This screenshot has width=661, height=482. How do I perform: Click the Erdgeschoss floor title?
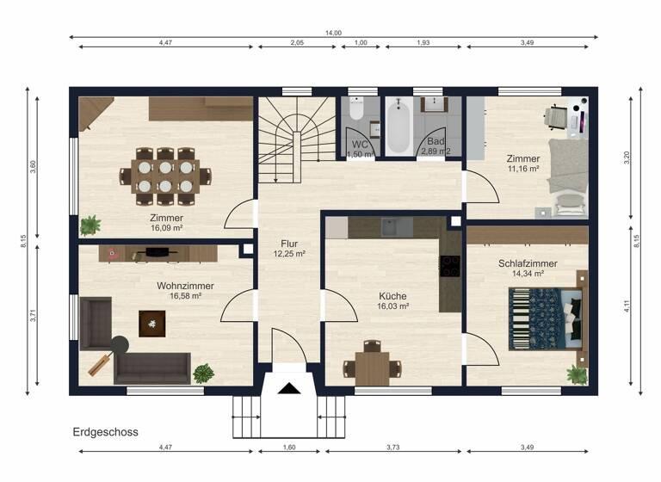click(x=106, y=432)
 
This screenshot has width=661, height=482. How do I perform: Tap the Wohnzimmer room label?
click(x=185, y=286)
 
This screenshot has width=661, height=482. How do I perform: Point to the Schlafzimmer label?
click(x=527, y=263)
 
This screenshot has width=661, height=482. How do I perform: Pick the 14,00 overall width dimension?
click(x=333, y=33)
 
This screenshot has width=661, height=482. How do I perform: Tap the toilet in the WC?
click(x=357, y=109)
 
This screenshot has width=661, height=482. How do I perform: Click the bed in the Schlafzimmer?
click(x=545, y=318)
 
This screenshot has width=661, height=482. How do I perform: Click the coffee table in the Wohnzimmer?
click(x=151, y=324)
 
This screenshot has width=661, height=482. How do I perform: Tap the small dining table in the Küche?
click(x=372, y=368)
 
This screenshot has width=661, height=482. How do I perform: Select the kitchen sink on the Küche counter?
click(x=394, y=227)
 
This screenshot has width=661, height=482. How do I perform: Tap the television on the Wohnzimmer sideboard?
click(x=157, y=251)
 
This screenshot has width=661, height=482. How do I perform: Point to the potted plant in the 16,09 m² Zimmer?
click(x=90, y=226)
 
